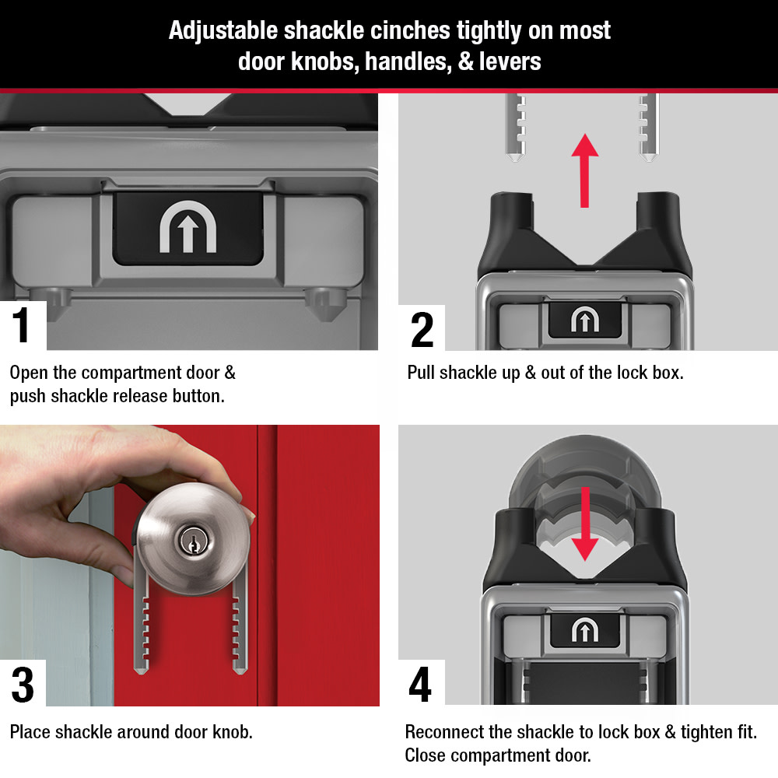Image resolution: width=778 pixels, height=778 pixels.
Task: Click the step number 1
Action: [22, 326]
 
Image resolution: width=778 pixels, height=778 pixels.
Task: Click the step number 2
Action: [422, 329]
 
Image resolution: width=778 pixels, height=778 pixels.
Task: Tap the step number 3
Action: [23, 685]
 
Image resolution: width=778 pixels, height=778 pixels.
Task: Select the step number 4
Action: [420, 685]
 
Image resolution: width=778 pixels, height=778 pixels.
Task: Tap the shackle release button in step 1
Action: [187, 226]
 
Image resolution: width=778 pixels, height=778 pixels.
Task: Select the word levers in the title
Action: [510, 62]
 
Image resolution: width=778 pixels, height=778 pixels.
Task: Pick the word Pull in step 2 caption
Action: [422, 372]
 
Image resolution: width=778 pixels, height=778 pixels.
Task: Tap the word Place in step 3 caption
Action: [29, 732]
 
